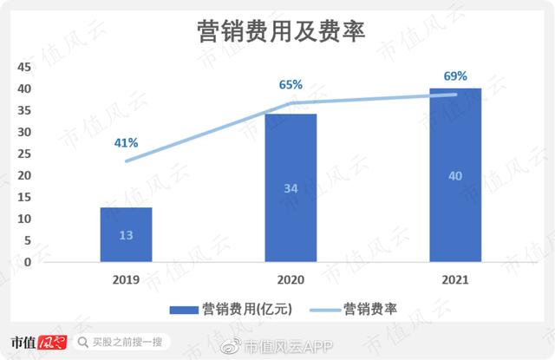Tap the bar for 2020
[291, 188]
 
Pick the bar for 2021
[455, 174]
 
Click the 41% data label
[126, 142]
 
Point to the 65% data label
[291, 84]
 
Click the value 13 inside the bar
[126, 234]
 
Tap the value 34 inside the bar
[291, 188]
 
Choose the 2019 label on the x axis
[126, 279]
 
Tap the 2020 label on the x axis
[291, 279]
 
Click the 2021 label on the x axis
[455, 279]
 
